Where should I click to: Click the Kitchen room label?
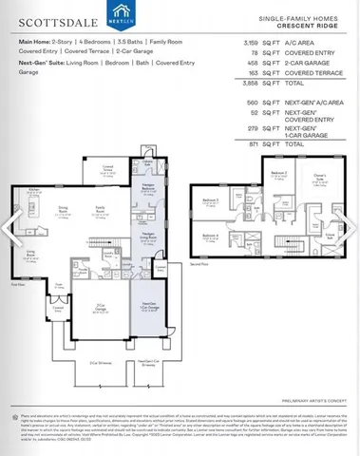point(33,190)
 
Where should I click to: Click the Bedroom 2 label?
point(277,173)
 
